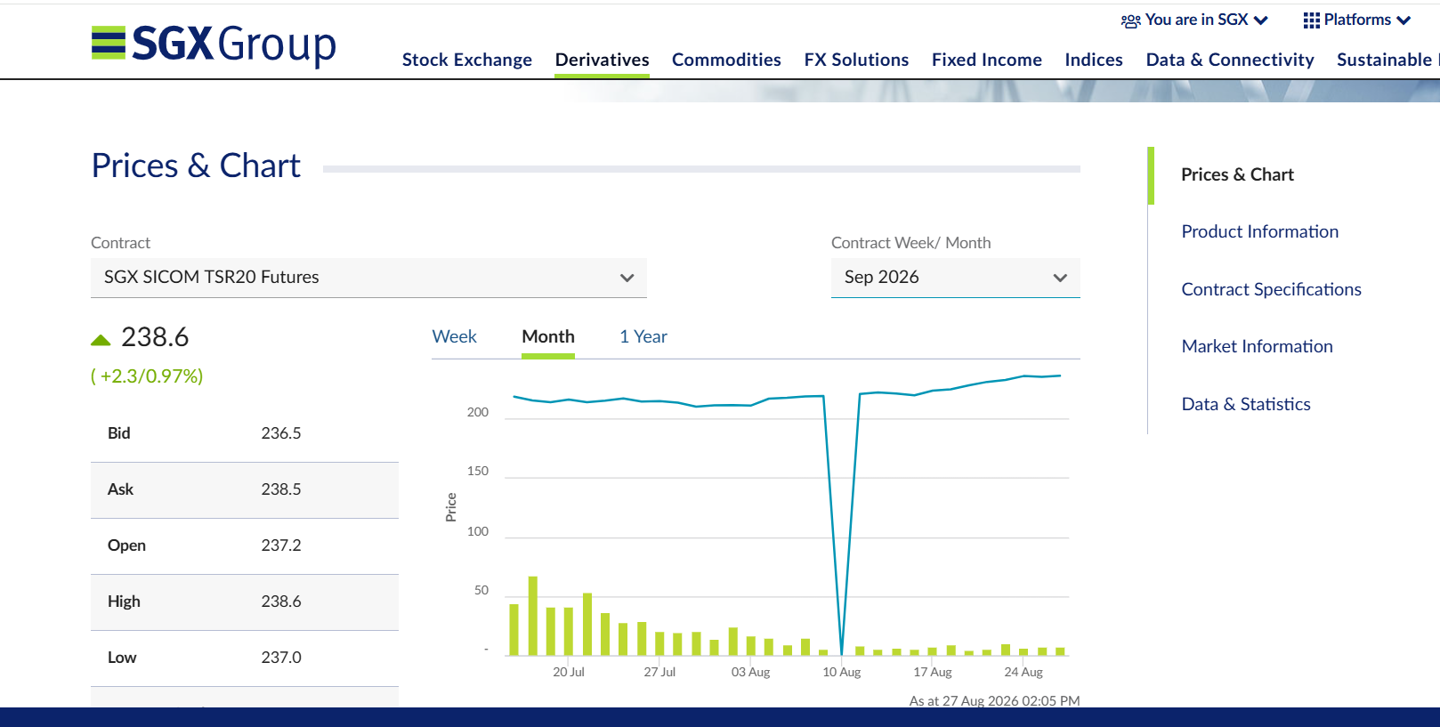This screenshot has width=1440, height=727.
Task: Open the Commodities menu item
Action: click(x=726, y=60)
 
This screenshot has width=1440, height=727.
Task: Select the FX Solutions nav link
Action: click(x=856, y=60)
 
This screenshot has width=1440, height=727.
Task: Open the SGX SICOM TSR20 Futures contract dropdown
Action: click(x=368, y=277)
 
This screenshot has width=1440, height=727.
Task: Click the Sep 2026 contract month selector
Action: click(x=955, y=277)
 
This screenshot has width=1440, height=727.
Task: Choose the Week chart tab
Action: click(x=454, y=336)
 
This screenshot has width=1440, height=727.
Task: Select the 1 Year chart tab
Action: click(x=643, y=336)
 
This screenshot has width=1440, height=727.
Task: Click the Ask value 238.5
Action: click(x=281, y=489)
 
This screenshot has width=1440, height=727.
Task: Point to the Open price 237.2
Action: click(x=281, y=545)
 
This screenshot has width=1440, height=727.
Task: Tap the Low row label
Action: click(x=122, y=657)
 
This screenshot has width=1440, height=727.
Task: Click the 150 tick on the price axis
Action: click(x=478, y=471)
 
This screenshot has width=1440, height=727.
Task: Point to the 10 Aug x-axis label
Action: click(x=842, y=672)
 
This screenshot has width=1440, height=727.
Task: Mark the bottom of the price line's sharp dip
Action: click(x=842, y=654)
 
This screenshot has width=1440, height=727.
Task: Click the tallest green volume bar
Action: click(x=533, y=616)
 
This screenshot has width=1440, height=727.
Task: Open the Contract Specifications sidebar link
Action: click(x=1271, y=289)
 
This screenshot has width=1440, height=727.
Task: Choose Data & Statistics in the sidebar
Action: click(x=1246, y=404)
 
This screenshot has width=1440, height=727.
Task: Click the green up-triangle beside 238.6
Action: click(x=101, y=340)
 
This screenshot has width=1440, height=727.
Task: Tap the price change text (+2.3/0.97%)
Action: click(x=147, y=376)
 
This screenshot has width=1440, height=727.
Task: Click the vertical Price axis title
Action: click(x=450, y=507)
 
